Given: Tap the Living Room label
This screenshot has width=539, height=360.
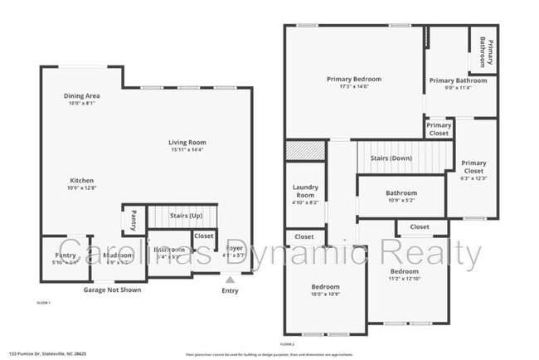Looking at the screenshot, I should click(188, 146).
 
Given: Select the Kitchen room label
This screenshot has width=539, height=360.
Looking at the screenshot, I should click(81, 184).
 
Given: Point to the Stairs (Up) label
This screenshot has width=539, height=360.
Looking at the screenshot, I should click(186, 216).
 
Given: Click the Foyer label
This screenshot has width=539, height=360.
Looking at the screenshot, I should click(235, 250).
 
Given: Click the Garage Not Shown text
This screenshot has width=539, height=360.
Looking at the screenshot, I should click(112, 290).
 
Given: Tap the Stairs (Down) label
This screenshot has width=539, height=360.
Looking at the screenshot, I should click(391, 158).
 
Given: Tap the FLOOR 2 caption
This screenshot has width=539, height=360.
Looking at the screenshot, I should click(287, 343).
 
